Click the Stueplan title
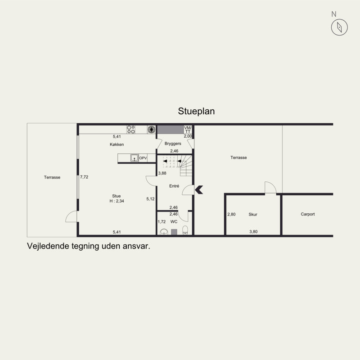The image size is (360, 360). [196, 111]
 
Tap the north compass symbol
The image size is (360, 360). [339, 27]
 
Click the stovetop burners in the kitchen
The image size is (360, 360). [131, 130]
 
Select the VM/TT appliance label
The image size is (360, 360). [188, 130]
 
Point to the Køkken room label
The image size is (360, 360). [117, 144]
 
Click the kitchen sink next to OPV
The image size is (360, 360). [134, 158]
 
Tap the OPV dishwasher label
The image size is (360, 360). [143, 158]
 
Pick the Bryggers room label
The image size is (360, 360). [173, 144]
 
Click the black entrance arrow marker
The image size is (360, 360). [199, 189]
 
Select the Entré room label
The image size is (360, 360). [174, 186]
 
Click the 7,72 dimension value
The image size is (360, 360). [84, 177]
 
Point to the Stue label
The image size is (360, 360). [117, 196]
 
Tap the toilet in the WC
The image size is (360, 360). [185, 230]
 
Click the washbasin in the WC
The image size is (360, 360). [164, 232]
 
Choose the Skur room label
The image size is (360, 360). [253, 215]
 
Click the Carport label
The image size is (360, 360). [308, 214]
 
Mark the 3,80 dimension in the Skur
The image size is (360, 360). [253, 232]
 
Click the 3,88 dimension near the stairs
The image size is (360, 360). [162, 173]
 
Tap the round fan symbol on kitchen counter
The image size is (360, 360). [151, 130]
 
